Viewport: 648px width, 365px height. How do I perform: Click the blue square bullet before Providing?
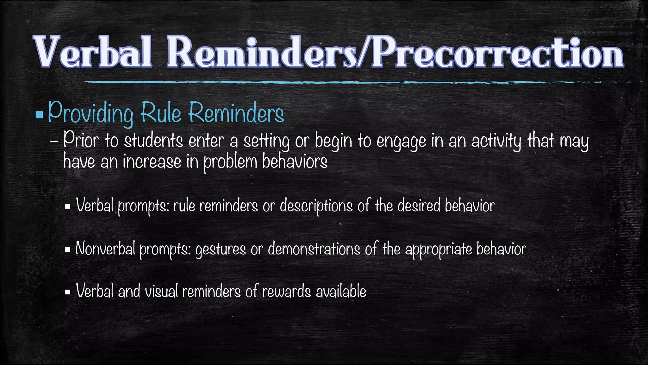(x=39, y=114)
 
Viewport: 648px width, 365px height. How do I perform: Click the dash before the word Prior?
(x=54, y=142)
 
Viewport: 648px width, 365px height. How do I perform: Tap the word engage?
(x=401, y=142)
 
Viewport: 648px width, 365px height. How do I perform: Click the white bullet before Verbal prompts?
(x=67, y=207)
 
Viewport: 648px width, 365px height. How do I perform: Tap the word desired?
(x=419, y=206)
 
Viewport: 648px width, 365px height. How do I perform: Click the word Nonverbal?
(x=105, y=249)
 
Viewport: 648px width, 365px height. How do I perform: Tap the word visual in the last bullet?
(x=161, y=291)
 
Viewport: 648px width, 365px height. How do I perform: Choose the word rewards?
(x=286, y=291)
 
